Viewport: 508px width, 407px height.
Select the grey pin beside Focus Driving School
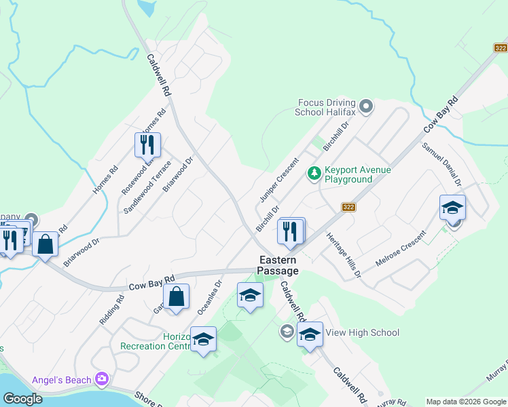coord(366,106)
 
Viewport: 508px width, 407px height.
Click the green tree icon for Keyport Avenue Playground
coord(314,174)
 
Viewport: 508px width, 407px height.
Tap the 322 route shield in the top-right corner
coord(501,47)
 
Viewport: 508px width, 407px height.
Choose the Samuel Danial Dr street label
coord(442,164)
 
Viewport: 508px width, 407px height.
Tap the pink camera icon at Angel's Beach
coord(101,379)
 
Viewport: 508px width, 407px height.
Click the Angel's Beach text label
coord(62,379)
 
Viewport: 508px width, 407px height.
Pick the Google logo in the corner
coord(22,398)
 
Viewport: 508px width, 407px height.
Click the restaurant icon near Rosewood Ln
coord(147,144)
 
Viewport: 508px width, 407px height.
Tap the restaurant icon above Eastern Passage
coord(291,231)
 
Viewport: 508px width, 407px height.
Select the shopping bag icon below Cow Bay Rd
coord(176,296)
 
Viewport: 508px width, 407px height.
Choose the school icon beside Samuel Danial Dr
coord(452,208)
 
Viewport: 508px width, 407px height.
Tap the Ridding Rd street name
coord(111,309)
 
